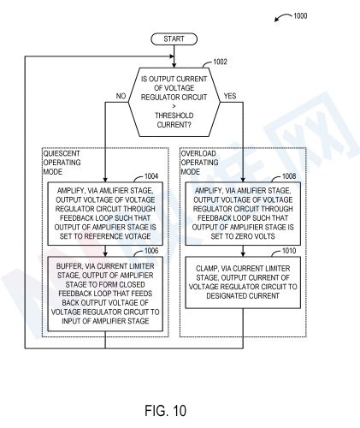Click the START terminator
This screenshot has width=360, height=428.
pyautogui.click(x=174, y=39)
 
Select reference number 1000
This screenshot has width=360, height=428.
pyautogui.click(x=300, y=15)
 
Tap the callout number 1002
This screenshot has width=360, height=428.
pyautogui.click(x=220, y=62)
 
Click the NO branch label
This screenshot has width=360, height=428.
pyautogui.click(x=121, y=96)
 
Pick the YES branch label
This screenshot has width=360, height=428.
pyautogui.click(x=230, y=96)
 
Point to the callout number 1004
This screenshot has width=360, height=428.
pyautogui.click(x=151, y=176)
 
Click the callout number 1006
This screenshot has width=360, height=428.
pyautogui.click(x=151, y=251)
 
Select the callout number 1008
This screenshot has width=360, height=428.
pyautogui.click(x=289, y=176)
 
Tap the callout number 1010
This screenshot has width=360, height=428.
pyautogui.click(x=289, y=251)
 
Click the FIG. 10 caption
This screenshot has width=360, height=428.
pyautogui.click(x=166, y=411)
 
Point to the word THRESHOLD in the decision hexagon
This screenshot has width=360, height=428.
pyautogui.click(x=174, y=116)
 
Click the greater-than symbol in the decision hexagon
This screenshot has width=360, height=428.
pyautogui.click(x=174, y=106)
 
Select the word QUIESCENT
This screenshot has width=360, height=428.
pyautogui.click(x=62, y=153)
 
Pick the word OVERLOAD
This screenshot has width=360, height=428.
pyautogui.click(x=198, y=153)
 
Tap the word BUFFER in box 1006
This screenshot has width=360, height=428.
pyautogui.click(x=68, y=266)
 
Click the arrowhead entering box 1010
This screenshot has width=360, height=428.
pyautogui.click(x=243, y=254)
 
